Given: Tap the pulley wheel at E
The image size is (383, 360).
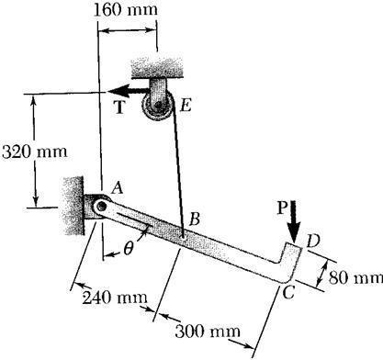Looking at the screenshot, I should click(x=158, y=107).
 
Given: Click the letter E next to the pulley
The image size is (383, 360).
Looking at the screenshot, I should click(x=184, y=107).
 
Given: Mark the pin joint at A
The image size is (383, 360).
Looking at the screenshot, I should click(x=99, y=208).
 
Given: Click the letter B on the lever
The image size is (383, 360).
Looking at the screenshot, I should click(x=193, y=219).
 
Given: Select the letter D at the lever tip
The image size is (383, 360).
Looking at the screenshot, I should click(x=312, y=242).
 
